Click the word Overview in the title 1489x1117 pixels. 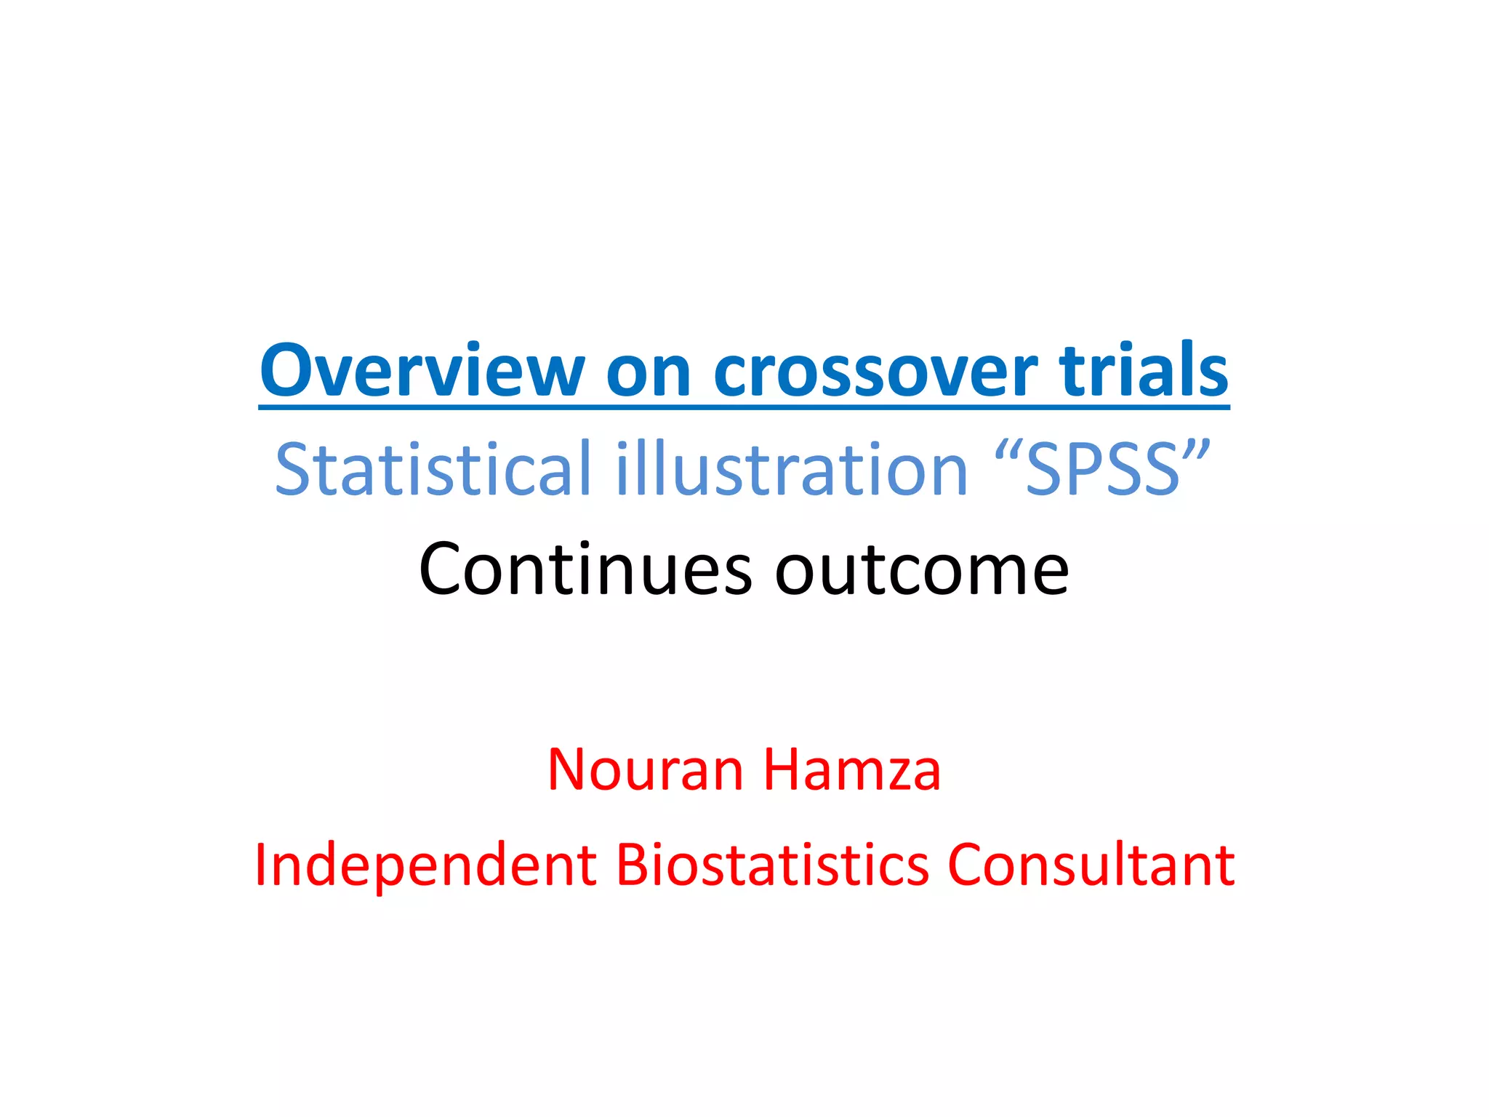422,371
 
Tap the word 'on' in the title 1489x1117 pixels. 649,374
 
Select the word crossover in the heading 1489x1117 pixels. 875,374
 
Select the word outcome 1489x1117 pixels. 922,569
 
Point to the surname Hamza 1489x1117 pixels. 852,769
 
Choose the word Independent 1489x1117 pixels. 426,865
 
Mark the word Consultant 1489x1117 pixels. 1091,865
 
